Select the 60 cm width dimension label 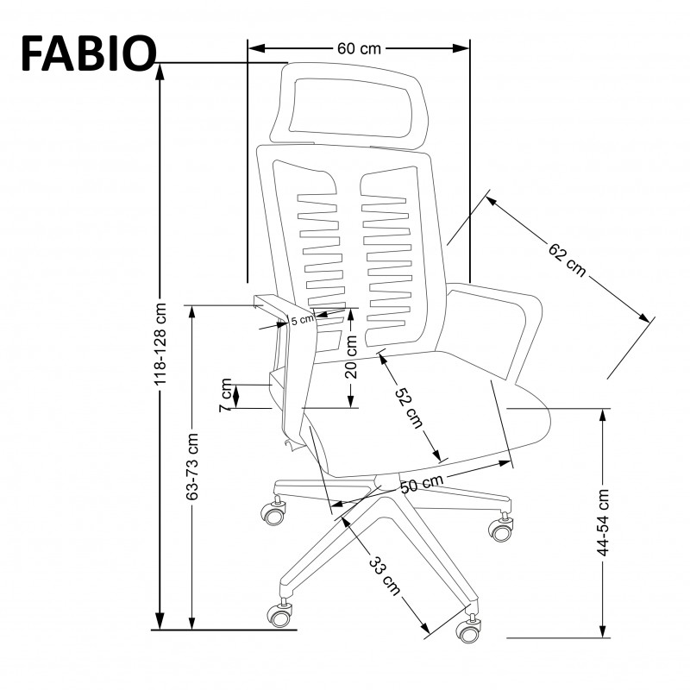click(358, 48)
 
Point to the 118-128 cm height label click(160, 346)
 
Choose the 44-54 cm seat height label click(603, 522)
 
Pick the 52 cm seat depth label click(408, 406)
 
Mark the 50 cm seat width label click(422, 484)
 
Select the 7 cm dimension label click(225, 395)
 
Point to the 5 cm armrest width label click(303, 321)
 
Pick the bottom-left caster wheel click(279, 614)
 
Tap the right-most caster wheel click(501, 527)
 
